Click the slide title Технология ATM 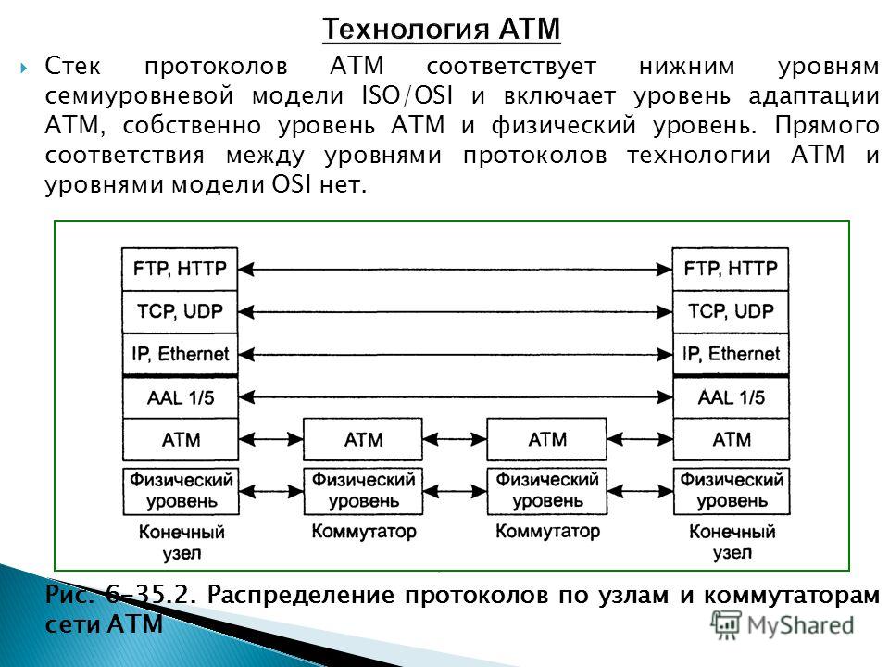point(441,30)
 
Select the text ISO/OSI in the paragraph point(407,95)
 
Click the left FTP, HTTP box point(180,269)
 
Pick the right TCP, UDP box point(731,311)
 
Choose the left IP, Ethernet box point(180,354)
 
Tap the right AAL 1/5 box point(731,397)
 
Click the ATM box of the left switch point(363,439)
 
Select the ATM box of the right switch point(546,439)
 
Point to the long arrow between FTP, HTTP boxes point(455,269)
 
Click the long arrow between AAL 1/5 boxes point(455,397)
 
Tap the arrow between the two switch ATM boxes point(455,438)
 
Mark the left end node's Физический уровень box point(181,491)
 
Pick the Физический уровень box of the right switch point(547,491)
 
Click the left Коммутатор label point(364,532)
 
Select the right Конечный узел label point(732,542)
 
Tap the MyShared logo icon point(726,625)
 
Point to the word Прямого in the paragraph point(827,125)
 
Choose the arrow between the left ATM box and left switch point(270,438)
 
